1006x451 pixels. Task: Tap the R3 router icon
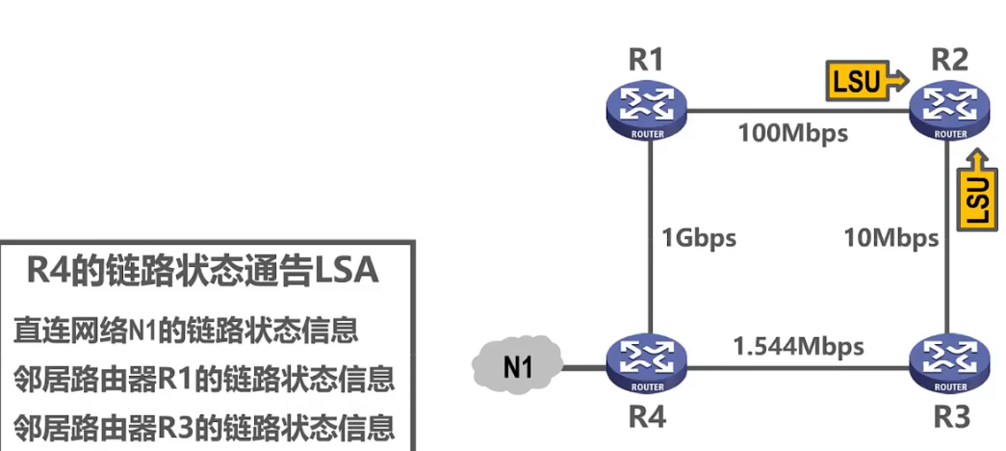pyautogui.click(x=948, y=365)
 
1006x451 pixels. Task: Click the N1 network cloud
pyautogui.click(x=517, y=366)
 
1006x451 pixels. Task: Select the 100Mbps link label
pyautogui.click(x=793, y=133)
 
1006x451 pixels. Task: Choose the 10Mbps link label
pyautogui.click(x=890, y=238)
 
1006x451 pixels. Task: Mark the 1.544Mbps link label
pyautogui.click(x=798, y=345)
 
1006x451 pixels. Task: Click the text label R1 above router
pyautogui.click(x=646, y=59)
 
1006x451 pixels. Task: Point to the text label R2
pyautogui.click(x=949, y=59)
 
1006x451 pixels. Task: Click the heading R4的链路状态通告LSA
pyautogui.click(x=202, y=273)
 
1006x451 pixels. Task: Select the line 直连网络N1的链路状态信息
pyautogui.click(x=186, y=332)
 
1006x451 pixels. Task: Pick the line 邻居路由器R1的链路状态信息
pyautogui.click(x=204, y=379)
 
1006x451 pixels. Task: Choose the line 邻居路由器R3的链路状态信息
pyautogui.click(x=204, y=426)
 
